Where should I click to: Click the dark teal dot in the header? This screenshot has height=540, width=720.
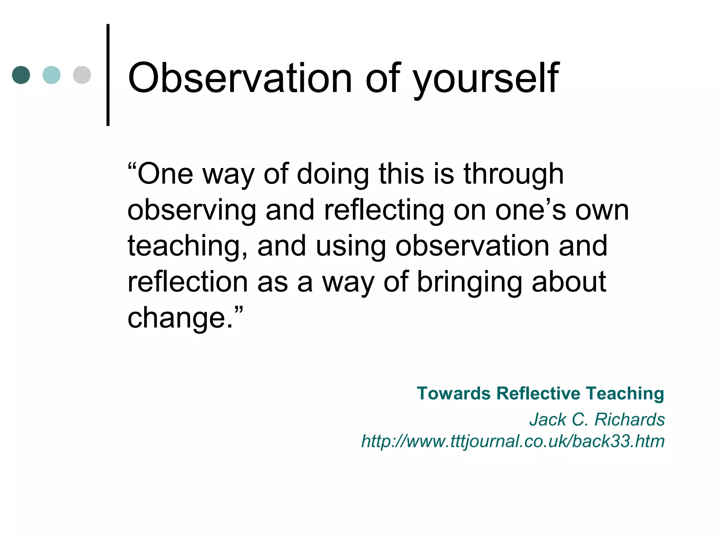21,75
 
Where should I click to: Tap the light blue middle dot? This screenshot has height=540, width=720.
51,75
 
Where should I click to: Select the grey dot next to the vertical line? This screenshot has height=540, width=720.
82,75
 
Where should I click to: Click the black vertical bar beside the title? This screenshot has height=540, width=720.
108,75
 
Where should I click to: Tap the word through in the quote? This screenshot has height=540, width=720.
514,175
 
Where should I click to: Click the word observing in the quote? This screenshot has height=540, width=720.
192,211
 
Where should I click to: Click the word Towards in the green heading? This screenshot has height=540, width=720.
454,393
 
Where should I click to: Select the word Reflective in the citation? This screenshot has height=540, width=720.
538,393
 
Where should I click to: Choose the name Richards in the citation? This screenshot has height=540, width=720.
629,419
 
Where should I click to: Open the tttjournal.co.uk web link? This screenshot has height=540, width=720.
513,441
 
